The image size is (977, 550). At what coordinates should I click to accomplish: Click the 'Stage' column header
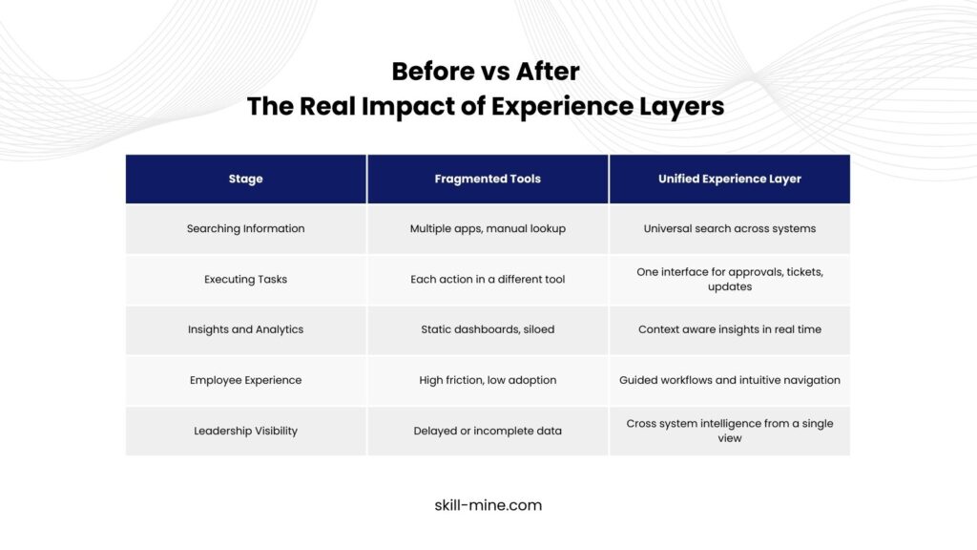tap(245, 179)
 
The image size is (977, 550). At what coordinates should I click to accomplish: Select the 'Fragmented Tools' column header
tap(488, 179)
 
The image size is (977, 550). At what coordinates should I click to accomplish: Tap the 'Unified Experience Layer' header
tap(730, 179)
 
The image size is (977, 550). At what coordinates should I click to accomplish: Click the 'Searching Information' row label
tap(245, 229)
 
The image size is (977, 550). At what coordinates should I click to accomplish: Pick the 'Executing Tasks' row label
tap(245, 280)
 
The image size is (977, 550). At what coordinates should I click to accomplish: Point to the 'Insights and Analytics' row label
tap(245, 329)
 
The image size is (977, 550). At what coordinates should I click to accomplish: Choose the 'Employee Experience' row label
tap(245, 380)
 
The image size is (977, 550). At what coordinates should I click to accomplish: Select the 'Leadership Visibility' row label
tap(245, 431)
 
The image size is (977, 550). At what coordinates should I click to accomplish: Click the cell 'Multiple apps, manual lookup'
tap(488, 229)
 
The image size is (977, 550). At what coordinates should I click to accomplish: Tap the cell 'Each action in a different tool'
tap(488, 280)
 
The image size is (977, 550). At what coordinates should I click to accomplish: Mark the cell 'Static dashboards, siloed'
tap(488, 329)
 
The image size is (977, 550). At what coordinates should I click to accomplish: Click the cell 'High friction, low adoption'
tap(488, 380)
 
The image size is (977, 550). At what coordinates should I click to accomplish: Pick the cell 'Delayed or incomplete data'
tap(488, 431)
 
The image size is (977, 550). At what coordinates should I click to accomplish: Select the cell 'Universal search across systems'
tap(730, 229)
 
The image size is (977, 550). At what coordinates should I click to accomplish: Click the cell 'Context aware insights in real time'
tap(730, 329)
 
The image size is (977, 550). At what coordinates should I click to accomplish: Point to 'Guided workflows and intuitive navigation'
tap(730, 380)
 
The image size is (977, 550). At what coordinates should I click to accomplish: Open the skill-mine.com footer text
tap(488, 505)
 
